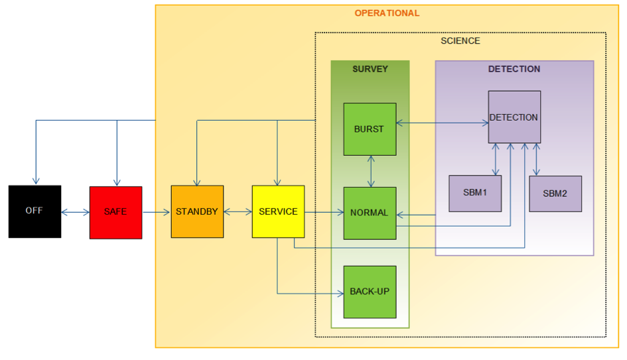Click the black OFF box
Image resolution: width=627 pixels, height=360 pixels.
point(35,211)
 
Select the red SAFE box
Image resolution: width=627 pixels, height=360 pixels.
point(115,212)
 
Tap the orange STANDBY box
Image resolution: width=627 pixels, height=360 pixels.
point(197,211)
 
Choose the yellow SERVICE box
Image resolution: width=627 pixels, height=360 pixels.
point(278,211)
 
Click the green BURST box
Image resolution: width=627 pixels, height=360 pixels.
point(370,129)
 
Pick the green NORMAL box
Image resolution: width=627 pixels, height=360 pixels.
point(370,213)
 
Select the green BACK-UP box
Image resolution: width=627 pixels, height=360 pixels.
point(370,292)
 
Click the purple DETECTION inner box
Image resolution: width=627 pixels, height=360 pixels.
point(514,117)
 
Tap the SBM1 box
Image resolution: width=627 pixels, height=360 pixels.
point(475,194)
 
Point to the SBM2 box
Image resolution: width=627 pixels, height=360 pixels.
point(555,194)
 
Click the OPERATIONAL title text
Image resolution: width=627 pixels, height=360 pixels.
point(387,13)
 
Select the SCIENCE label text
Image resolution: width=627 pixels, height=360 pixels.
point(460,41)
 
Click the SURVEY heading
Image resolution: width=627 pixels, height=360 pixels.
point(370,69)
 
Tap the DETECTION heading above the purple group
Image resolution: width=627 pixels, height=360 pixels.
point(514,69)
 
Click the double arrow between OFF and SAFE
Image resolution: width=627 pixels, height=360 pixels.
point(75,213)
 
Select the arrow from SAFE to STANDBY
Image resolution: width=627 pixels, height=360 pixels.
point(157,213)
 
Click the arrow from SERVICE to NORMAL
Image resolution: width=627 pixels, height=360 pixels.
point(324,213)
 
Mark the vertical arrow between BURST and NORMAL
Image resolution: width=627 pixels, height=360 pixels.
point(370,171)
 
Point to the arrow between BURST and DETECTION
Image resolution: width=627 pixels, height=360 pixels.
point(442,123)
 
